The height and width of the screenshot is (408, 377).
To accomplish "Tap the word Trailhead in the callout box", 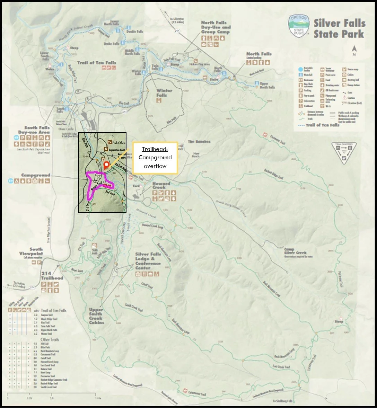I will [155, 150].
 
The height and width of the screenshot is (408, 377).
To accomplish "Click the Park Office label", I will [119, 142].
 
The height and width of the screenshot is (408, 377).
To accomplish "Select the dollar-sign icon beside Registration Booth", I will [106, 149].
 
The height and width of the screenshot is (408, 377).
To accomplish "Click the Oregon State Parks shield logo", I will [298, 27].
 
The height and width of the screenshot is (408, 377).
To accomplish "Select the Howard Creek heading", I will [161, 185].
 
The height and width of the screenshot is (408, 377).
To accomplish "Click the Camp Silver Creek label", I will [295, 251].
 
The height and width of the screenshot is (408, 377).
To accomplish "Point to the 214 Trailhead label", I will [52, 276].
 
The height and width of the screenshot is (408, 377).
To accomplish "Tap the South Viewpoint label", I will [32, 251].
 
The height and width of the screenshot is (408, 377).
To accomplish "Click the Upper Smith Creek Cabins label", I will [96, 316].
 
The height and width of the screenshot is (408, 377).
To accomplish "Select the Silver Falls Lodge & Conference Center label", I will [148, 261].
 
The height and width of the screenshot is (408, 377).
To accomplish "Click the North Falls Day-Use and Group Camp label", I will [216, 27].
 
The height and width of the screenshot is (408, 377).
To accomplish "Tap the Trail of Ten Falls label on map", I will [96, 63].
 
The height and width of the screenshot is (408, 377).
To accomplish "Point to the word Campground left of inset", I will [36, 175].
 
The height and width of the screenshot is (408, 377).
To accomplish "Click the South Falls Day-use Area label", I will [34, 130].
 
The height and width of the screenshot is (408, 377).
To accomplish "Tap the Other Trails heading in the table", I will [50, 339].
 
